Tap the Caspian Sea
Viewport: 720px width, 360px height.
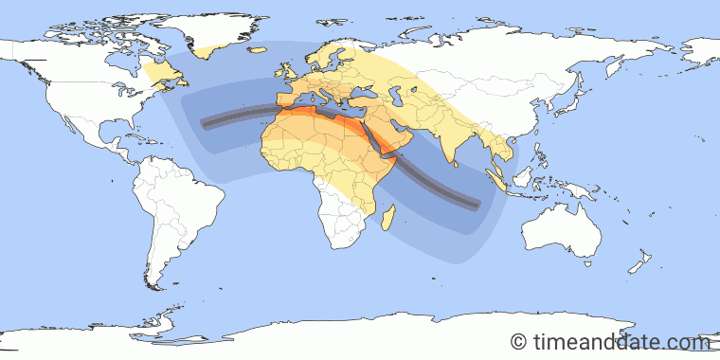(415, 97)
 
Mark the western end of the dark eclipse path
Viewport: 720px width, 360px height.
(203, 121)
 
